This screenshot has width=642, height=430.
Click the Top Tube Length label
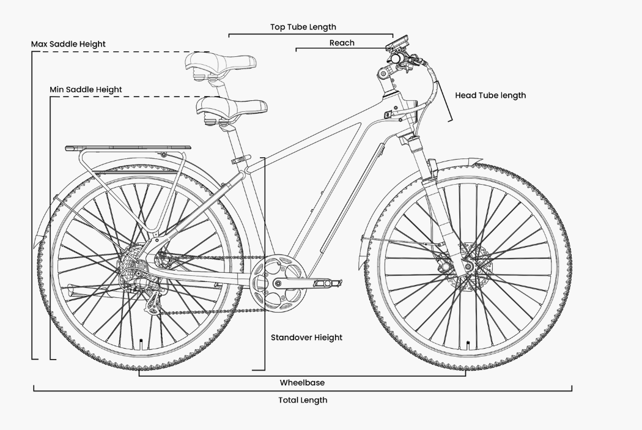point(303,27)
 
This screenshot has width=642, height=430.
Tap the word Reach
point(342,43)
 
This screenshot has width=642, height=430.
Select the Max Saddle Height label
point(68,44)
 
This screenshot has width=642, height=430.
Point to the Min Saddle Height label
point(86,89)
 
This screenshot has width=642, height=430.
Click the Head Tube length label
point(490,95)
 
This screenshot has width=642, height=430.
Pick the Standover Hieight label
point(306,338)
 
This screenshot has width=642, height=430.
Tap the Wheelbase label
point(302,383)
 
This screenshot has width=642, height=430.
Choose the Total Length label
point(302,400)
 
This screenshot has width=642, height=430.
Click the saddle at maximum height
point(222,62)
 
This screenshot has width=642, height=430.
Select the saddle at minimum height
point(231,107)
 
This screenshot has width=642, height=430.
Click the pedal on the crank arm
point(323,283)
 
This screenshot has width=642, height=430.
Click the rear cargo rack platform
point(128,147)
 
